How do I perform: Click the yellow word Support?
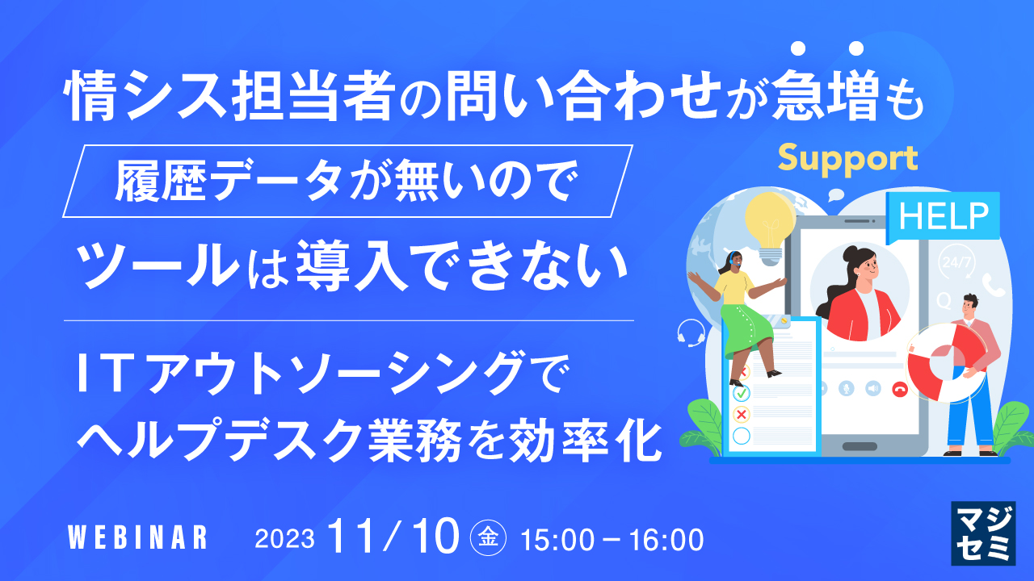(848, 159)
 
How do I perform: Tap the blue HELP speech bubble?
(944, 215)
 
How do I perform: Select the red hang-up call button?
(899, 388)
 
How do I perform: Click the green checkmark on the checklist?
(741, 393)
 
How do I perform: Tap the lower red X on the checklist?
(741, 414)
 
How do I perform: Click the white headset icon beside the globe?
(691, 331)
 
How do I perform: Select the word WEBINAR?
(137, 537)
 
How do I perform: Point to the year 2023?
(284, 538)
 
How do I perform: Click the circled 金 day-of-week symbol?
(488, 537)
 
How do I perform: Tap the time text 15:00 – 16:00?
(612, 538)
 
